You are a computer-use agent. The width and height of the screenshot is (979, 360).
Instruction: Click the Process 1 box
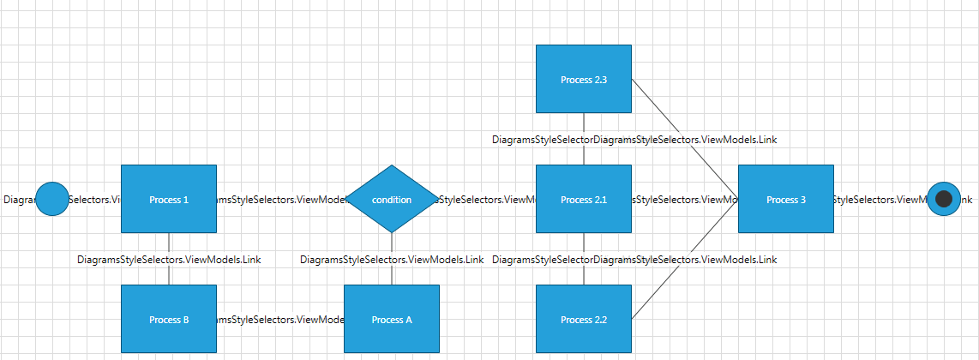(x=168, y=199)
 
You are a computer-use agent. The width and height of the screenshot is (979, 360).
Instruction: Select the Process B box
(x=168, y=319)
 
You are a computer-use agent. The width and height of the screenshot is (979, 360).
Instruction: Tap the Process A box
(x=391, y=319)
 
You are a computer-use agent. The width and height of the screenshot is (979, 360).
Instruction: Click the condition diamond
(x=391, y=199)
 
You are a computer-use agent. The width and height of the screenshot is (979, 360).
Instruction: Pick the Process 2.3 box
(x=583, y=79)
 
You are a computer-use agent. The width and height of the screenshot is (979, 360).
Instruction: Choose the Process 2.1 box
(x=583, y=199)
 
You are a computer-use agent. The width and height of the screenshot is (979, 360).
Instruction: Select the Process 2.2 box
(x=583, y=319)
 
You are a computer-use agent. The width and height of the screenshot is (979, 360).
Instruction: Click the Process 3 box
(x=785, y=199)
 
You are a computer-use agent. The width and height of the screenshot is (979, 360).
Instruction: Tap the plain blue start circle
(x=52, y=199)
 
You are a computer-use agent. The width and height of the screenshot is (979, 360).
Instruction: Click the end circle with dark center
(x=944, y=199)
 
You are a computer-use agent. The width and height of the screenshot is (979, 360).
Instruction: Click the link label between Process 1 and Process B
(x=169, y=259)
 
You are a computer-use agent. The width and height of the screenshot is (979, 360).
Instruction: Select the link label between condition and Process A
(x=392, y=259)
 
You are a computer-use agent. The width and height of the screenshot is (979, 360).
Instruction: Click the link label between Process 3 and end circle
(x=880, y=200)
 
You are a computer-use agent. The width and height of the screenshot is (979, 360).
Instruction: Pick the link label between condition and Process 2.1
(x=487, y=200)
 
